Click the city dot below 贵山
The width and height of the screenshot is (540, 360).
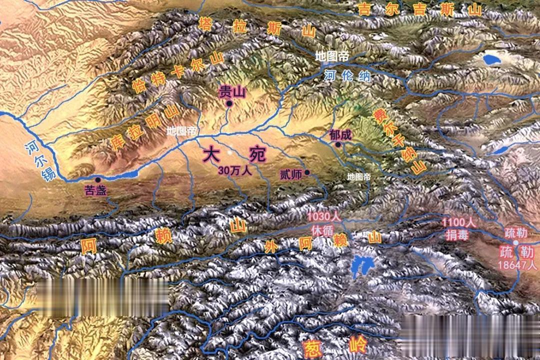(229, 103)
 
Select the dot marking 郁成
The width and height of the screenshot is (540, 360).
(338, 144)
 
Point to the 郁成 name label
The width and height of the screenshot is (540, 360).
(340, 134)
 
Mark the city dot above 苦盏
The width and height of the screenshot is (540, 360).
(97, 179)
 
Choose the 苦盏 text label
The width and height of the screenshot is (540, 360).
(96, 190)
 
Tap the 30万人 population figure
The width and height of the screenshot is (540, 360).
(234, 169)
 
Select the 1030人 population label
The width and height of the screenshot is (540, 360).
(323, 217)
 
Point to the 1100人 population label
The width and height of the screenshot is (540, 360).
(458, 221)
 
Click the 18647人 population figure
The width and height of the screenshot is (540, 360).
(518, 265)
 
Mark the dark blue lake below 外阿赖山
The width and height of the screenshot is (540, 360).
(359, 267)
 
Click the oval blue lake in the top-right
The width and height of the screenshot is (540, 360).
(494, 59)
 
